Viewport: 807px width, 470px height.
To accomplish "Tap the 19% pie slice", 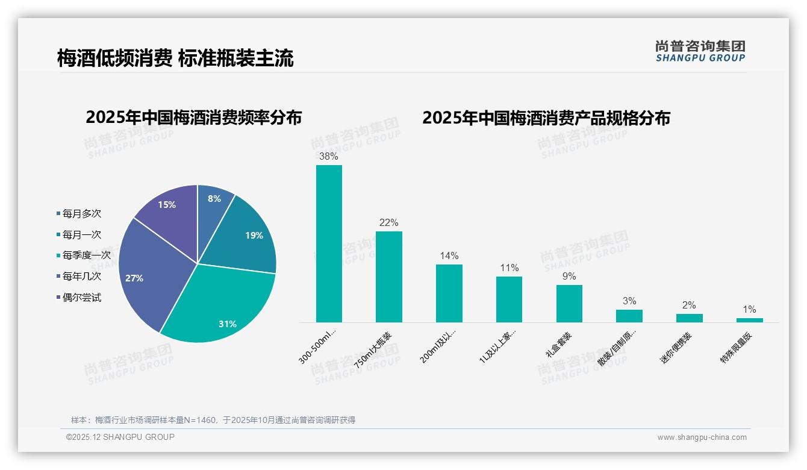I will pos(247,238).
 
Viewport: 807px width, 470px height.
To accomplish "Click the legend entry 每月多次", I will pos(81,213).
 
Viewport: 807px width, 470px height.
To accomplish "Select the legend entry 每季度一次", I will pos(86,255).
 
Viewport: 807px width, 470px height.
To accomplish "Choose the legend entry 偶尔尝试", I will pos(81,298).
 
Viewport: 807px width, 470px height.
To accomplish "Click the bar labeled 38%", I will pos(329,243).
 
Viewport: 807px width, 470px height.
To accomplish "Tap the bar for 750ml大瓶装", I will pos(389,277).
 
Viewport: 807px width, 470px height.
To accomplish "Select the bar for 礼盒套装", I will pos(569,304).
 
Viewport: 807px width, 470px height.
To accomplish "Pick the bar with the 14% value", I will pos(449,293).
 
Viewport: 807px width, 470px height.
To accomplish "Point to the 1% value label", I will pos(749,310).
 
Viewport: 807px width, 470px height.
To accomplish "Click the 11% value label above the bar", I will pos(509,268).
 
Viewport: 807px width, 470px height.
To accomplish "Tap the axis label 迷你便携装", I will pos(676,348).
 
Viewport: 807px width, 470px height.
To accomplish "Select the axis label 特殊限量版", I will pos(737,348).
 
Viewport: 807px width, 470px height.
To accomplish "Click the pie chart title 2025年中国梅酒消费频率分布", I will pos(194,117).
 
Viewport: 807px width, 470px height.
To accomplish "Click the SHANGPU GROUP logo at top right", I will pos(700,51).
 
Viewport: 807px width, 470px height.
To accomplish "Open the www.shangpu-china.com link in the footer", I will pos(702,437).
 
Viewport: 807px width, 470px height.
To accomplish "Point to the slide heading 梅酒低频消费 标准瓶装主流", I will pos(175,58).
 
